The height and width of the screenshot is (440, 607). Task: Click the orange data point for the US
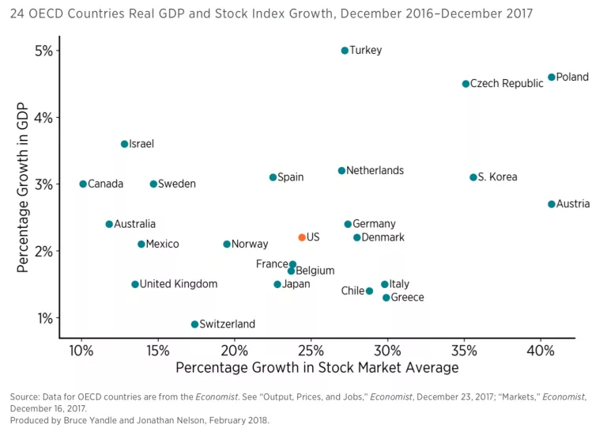pyautogui.click(x=302, y=237)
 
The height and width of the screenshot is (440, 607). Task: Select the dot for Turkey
pyautogui.click(x=345, y=51)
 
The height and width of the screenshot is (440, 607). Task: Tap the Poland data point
pyautogui.click(x=552, y=78)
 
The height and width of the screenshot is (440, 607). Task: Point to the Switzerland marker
pyautogui.click(x=194, y=324)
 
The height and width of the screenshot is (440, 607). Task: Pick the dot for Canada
pyautogui.click(x=82, y=184)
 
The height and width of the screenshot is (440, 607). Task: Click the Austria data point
pyautogui.click(x=552, y=204)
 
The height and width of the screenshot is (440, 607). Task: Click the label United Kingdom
pyautogui.click(x=178, y=284)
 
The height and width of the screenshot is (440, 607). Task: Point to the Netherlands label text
pyautogui.click(x=375, y=171)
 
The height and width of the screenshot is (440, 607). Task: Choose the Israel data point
pyautogui.click(x=124, y=144)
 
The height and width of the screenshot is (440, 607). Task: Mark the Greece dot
pyautogui.click(x=386, y=298)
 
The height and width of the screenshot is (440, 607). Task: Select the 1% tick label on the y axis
pyautogui.click(x=43, y=318)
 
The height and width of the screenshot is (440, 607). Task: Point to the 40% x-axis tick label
pyautogui.click(x=541, y=350)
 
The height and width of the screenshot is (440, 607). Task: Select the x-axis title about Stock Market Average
pyautogui.click(x=317, y=368)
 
